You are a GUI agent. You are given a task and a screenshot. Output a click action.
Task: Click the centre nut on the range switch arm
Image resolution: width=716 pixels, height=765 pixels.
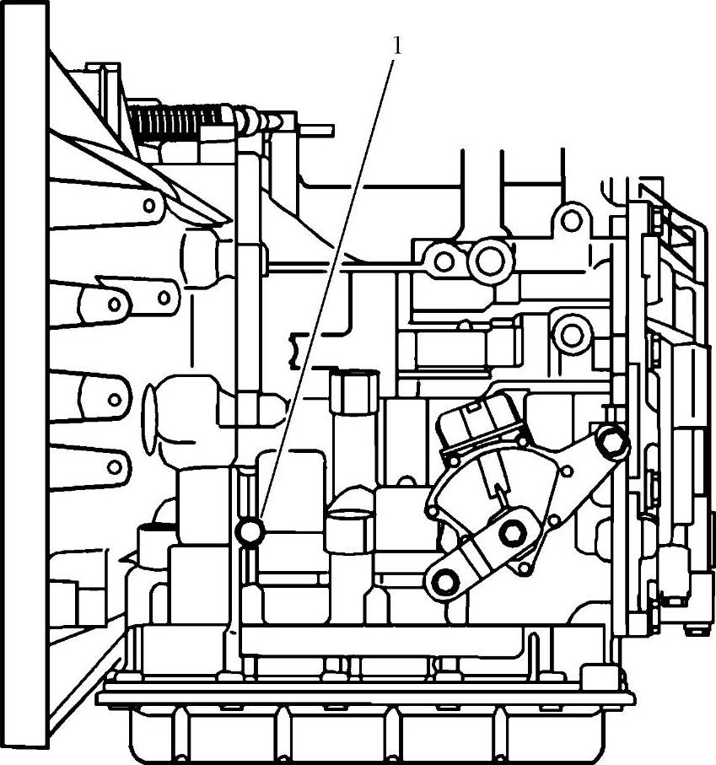510,533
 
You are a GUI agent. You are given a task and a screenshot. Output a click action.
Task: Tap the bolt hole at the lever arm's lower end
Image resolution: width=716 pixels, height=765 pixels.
444,581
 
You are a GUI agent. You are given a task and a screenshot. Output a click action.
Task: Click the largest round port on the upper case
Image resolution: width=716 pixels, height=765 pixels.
488,260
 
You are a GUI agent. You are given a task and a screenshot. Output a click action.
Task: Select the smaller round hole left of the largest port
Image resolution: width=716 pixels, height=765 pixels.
442,260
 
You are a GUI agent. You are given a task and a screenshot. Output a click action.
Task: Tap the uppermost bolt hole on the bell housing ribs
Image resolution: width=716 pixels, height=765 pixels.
149,204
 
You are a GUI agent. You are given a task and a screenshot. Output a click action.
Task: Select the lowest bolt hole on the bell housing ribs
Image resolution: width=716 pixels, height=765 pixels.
112,463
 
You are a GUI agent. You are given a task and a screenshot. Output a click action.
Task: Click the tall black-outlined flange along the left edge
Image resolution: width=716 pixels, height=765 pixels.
23,380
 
